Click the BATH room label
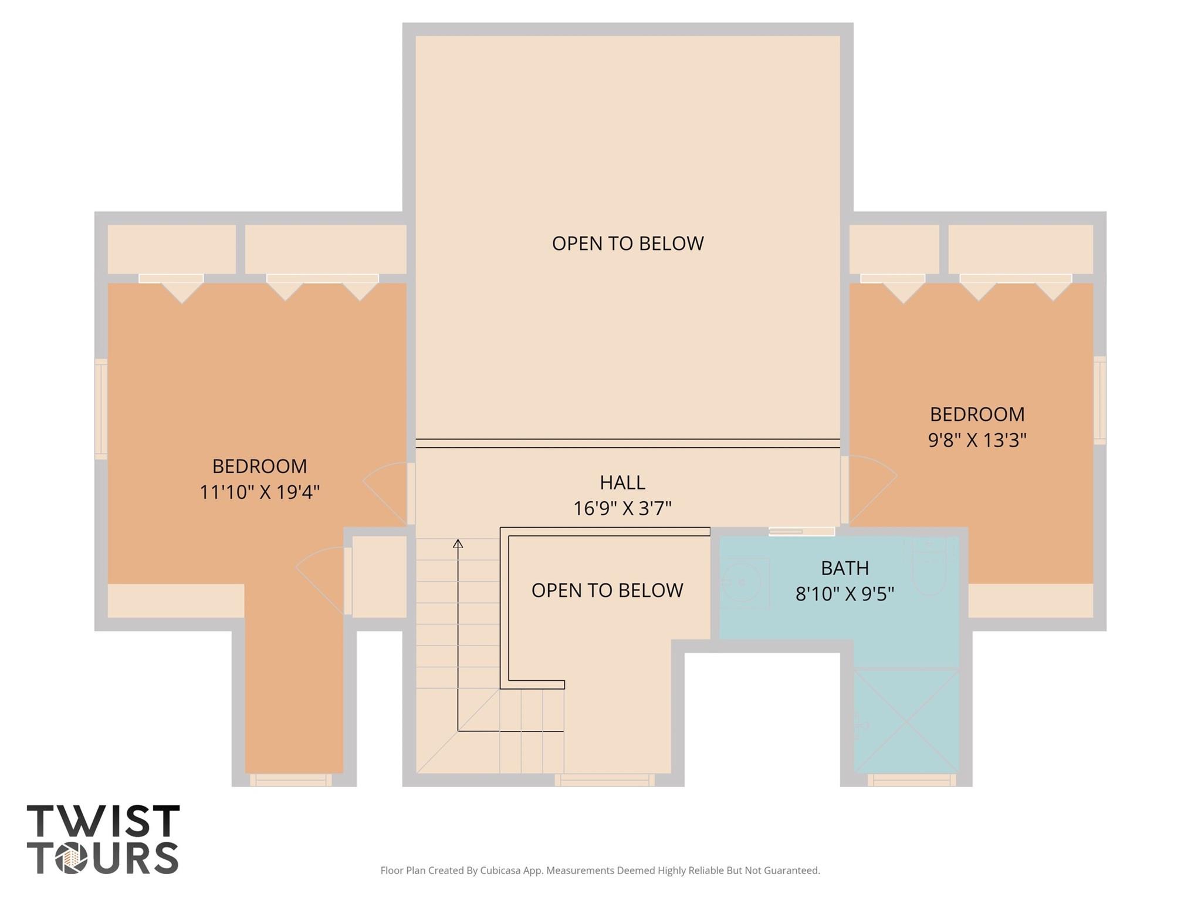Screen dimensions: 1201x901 [x=844, y=568]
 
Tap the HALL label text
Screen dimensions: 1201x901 [x=623, y=482]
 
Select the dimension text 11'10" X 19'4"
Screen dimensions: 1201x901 [x=259, y=492]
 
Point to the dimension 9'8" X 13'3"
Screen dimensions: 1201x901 [x=977, y=440]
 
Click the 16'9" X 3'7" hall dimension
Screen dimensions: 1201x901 [x=622, y=508]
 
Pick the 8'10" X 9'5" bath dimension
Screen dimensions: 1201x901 [x=844, y=594]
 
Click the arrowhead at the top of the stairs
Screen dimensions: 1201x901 [x=458, y=544]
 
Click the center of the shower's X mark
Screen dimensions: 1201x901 [x=906, y=721]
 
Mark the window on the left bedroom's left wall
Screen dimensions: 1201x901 [x=101, y=409]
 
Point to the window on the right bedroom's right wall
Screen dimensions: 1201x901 [x=1099, y=400]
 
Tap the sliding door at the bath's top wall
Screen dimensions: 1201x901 [x=801, y=532]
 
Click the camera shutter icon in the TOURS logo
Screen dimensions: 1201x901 [x=72, y=859]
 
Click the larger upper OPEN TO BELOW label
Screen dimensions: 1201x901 [x=628, y=244]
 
